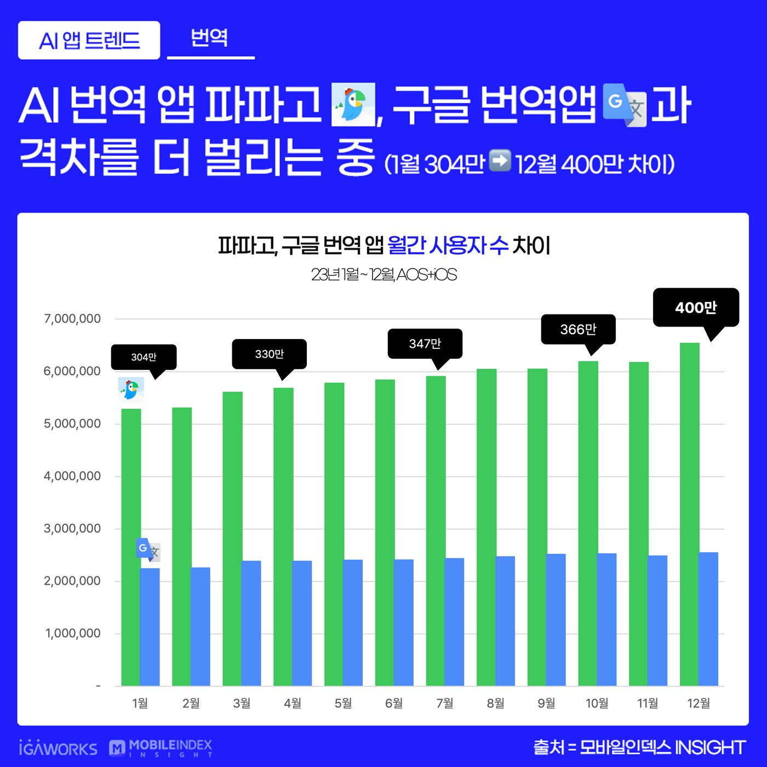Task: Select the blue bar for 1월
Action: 150,627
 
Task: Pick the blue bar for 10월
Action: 606,619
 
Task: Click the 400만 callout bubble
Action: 696,307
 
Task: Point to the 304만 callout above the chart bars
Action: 144,357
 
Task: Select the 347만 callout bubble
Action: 425,344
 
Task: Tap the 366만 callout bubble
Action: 578,329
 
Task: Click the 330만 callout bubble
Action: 269,354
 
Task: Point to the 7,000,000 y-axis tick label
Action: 72,319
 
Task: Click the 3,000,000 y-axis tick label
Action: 72,529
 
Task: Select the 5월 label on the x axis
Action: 343,703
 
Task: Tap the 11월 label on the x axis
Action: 648,703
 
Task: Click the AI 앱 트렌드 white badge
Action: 89,41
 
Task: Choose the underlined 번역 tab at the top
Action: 210,38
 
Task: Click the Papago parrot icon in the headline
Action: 353,104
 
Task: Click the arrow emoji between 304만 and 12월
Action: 499,161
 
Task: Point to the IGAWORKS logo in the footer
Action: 58,748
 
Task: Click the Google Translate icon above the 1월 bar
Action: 148,550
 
